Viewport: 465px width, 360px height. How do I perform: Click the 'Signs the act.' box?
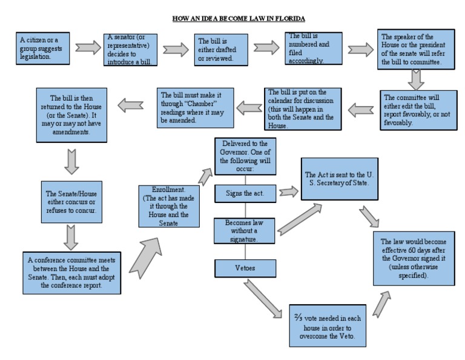tap(245, 193)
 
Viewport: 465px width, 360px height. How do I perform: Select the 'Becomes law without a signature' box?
tap(245, 230)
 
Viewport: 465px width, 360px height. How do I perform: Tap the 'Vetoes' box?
tap(245, 267)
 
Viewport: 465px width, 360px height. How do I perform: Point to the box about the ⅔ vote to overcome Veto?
tap(328, 324)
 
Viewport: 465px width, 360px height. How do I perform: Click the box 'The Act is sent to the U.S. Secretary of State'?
tap(345, 178)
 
